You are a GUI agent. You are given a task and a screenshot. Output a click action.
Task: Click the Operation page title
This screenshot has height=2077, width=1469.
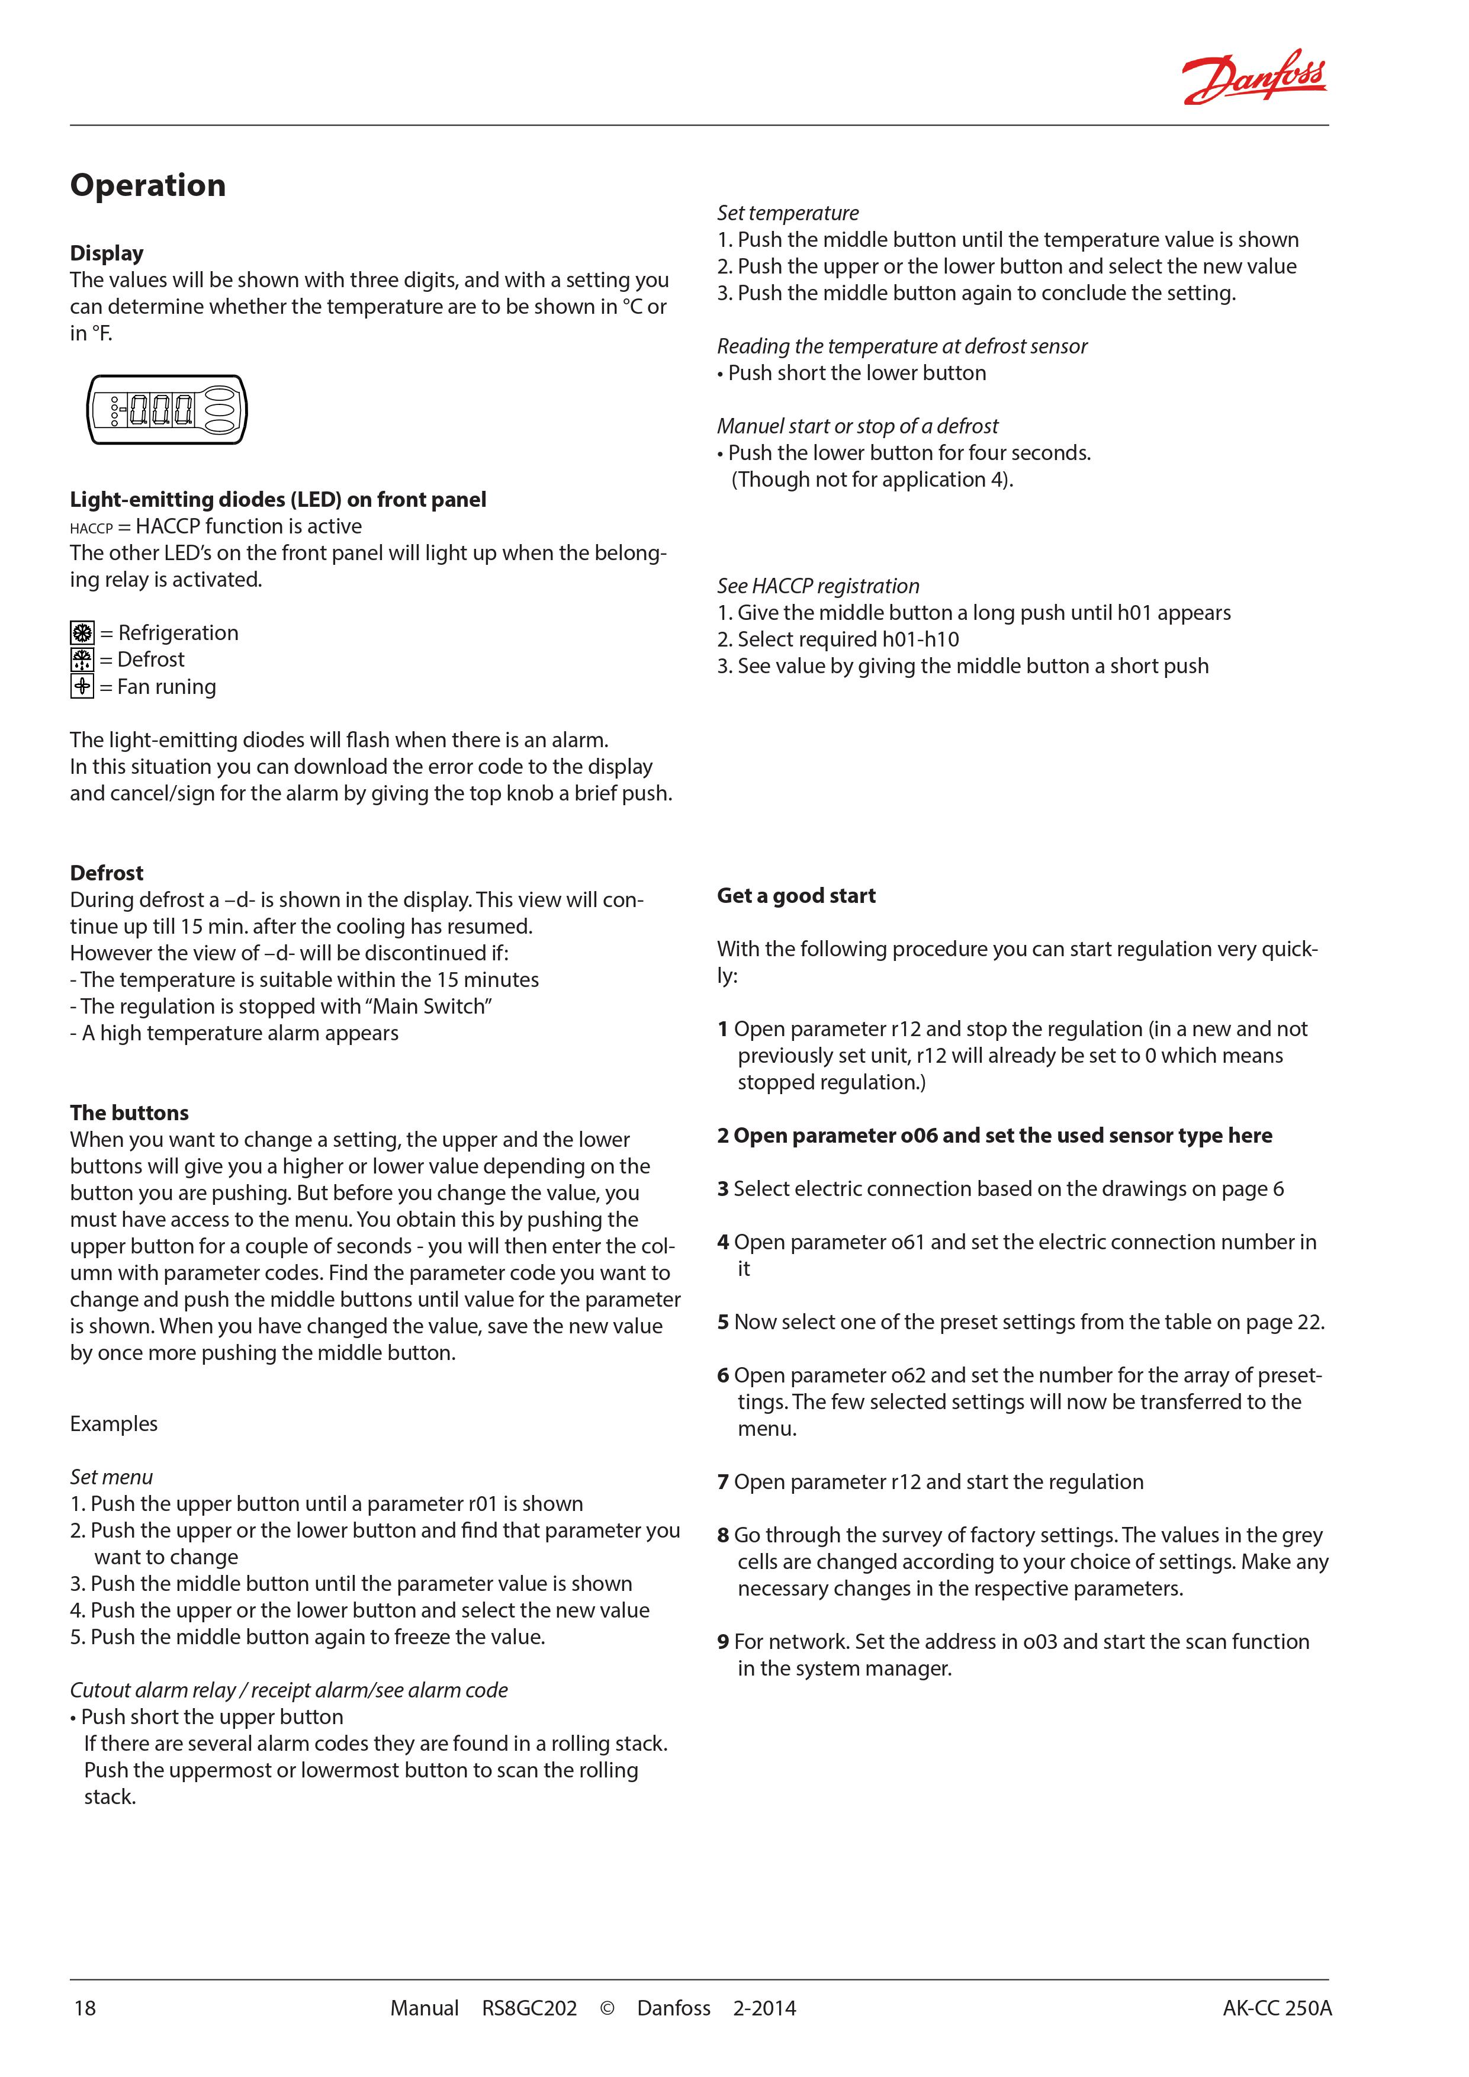click(x=147, y=185)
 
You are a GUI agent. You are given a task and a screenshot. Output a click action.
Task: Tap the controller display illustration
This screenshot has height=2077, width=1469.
click(x=166, y=410)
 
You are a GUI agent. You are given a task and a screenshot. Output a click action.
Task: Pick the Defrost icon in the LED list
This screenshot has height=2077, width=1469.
click(x=81, y=660)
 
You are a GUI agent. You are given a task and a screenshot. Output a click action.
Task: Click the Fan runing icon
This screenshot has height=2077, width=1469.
click(x=81, y=687)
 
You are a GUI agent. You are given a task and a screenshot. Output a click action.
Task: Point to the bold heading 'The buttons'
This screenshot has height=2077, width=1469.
click(x=129, y=1113)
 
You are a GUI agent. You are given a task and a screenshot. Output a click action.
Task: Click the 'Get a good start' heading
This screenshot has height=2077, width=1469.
click(x=796, y=896)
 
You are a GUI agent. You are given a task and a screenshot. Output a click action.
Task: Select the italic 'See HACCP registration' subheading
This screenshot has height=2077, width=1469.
click(x=818, y=586)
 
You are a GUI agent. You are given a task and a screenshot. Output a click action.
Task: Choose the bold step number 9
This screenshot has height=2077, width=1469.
click(x=723, y=1642)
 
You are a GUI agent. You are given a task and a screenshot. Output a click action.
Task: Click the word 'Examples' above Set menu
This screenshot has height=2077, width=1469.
click(x=113, y=1424)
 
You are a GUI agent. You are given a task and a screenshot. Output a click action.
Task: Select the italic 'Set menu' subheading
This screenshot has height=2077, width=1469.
click(x=111, y=1477)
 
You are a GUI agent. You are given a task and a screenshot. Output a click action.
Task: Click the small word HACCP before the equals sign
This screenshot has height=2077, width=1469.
click(x=91, y=528)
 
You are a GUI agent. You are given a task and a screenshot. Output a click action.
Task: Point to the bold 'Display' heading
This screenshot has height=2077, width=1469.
click(x=107, y=253)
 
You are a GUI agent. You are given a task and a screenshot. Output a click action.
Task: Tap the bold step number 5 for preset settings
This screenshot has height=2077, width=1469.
click(x=723, y=1323)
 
